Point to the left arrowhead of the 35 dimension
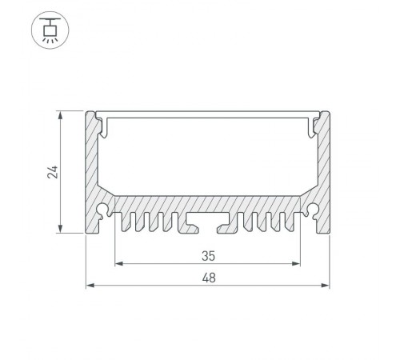coord(119,263)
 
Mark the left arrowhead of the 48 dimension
coord(89,285)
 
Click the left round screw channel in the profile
coord(105,211)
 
